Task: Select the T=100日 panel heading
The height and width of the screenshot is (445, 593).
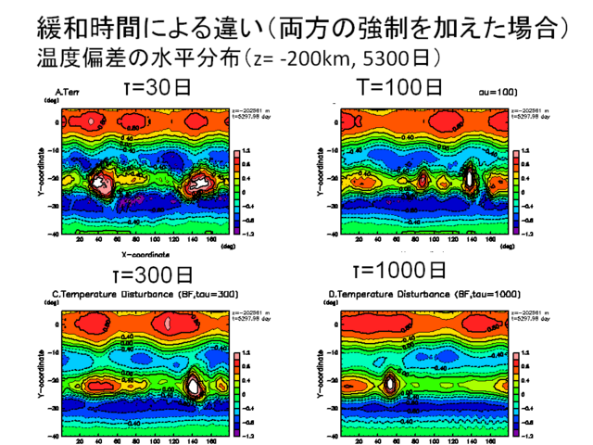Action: pos(400,88)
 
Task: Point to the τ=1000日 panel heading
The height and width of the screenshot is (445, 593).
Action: pos(401,271)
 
